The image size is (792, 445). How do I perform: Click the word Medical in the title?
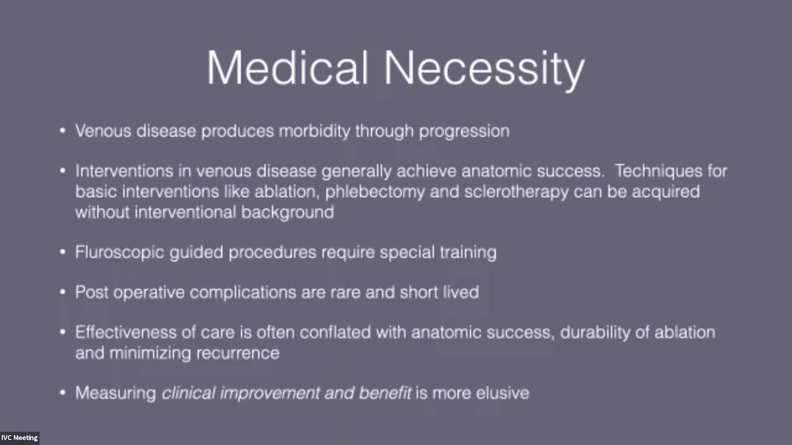(x=288, y=67)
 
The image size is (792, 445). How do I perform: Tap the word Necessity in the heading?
(x=484, y=70)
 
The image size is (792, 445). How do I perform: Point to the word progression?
(x=464, y=132)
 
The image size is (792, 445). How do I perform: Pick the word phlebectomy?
(x=375, y=192)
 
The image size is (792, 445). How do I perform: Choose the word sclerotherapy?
(x=517, y=192)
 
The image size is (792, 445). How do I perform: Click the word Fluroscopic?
(x=119, y=253)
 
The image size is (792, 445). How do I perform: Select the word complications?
(x=243, y=293)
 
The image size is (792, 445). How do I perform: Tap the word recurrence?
(x=238, y=354)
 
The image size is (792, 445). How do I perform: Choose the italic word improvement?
(x=270, y=394)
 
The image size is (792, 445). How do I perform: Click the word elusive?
(x=503, y=393)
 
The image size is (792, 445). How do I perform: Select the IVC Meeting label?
(x=19, y=438)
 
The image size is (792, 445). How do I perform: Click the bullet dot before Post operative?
(x=63, y=292)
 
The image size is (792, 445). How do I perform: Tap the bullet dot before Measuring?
(x=63, y=392)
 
